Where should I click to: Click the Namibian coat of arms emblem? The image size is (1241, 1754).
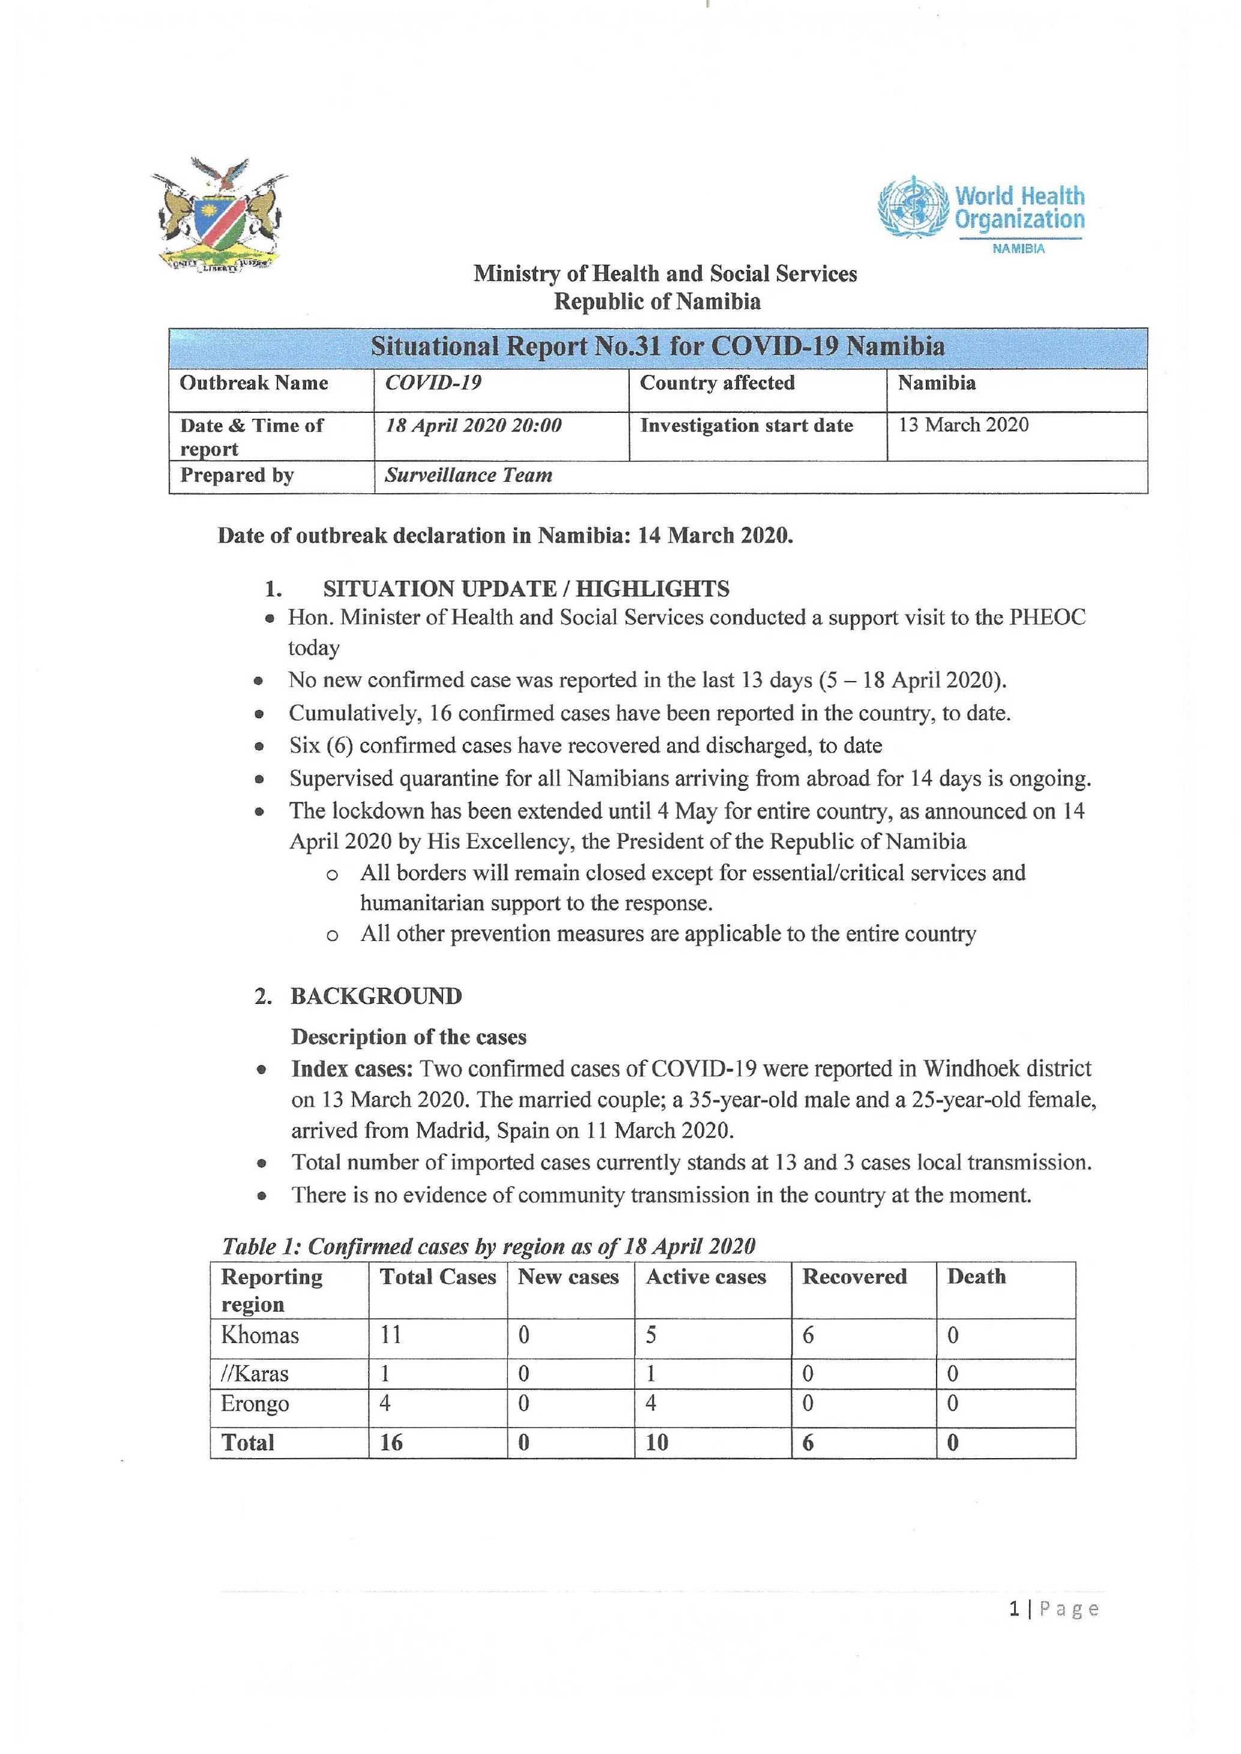tap(219, 215)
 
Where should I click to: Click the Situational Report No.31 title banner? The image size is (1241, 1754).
tap(657, 347)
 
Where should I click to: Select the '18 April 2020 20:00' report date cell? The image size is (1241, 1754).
tap(473, 425)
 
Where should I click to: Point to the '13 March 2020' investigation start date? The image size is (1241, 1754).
tap(963, 425)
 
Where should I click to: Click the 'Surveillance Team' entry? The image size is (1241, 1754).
tap(468, 475)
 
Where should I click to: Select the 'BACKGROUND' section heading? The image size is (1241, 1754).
tap(376, 996)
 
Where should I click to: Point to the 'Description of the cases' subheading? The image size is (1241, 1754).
tap(408, 1037)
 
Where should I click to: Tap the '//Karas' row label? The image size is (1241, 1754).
tap(255, 1374)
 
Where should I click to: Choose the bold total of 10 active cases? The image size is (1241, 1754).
tap(656, 1443)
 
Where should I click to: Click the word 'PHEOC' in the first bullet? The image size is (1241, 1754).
tap(1047, 617)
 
